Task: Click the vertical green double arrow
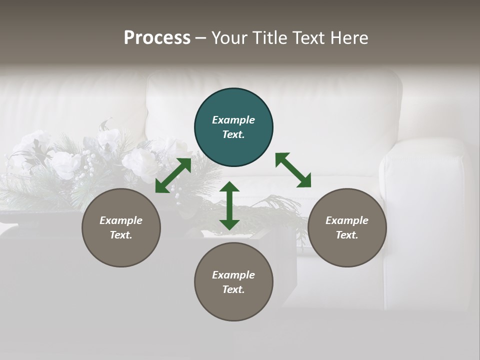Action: click(229, 205)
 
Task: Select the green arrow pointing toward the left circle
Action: click(173, 175)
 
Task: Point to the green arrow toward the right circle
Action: click(293, 170)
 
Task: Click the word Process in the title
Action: click(157, 37)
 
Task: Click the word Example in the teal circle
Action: click(233, 120)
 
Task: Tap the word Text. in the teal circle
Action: click(233, 134)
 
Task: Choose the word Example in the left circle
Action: click(121, 220)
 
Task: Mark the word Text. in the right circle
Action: click(347, 235)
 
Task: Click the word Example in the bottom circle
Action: click(233, 275)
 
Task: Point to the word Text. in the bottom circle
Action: click(233, 289)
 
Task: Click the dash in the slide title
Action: click(200, 38)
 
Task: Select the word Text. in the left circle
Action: click(121, 235)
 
